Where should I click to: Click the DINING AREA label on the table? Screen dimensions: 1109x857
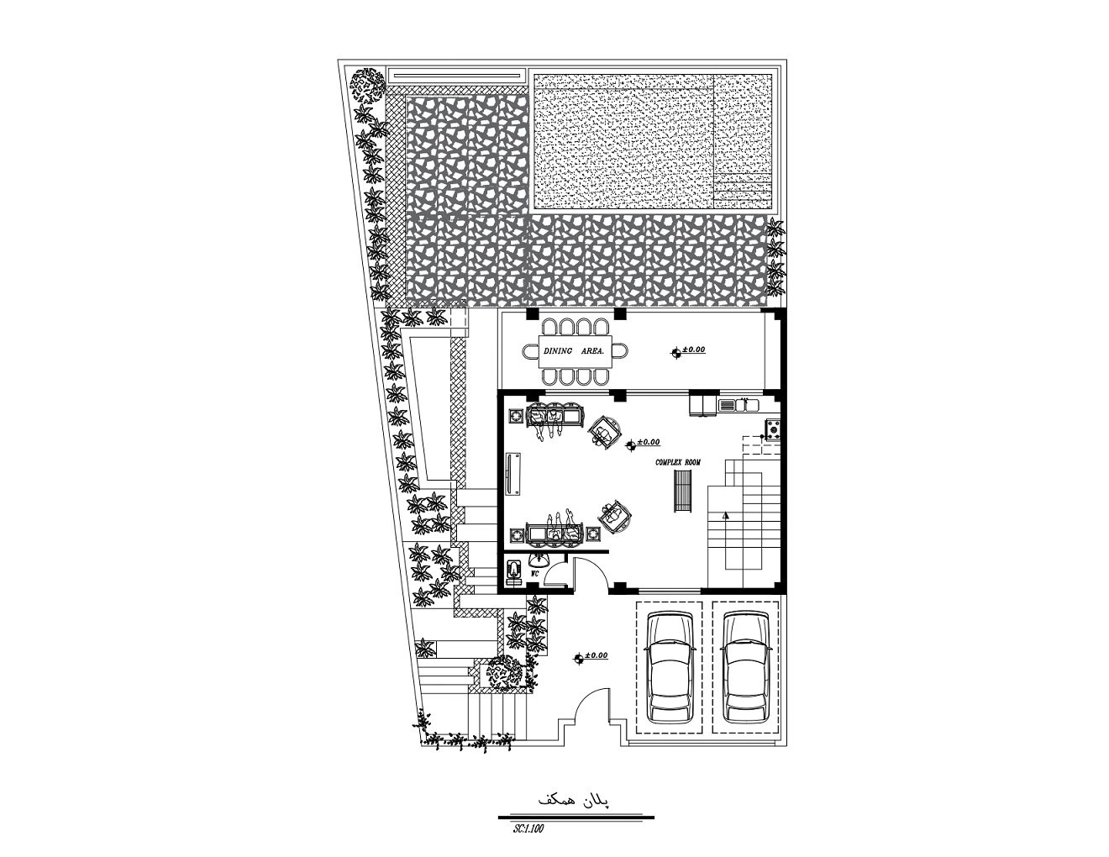point(574,351)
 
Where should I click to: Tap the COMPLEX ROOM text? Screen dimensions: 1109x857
point(678,462)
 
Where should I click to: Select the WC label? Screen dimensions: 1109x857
point(535,573)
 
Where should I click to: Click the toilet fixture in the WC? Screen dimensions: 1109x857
point(514,570)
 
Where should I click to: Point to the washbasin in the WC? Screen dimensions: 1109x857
point(538,560)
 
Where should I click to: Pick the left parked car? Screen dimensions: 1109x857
point(670,668)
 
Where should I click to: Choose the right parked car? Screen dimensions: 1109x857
point(745,668)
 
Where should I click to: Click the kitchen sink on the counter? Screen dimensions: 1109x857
point(738,405)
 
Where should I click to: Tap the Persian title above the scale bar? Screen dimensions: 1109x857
point(574,801)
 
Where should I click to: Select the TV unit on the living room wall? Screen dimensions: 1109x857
point(512,473)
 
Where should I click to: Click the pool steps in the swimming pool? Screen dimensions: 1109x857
point(743,191)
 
